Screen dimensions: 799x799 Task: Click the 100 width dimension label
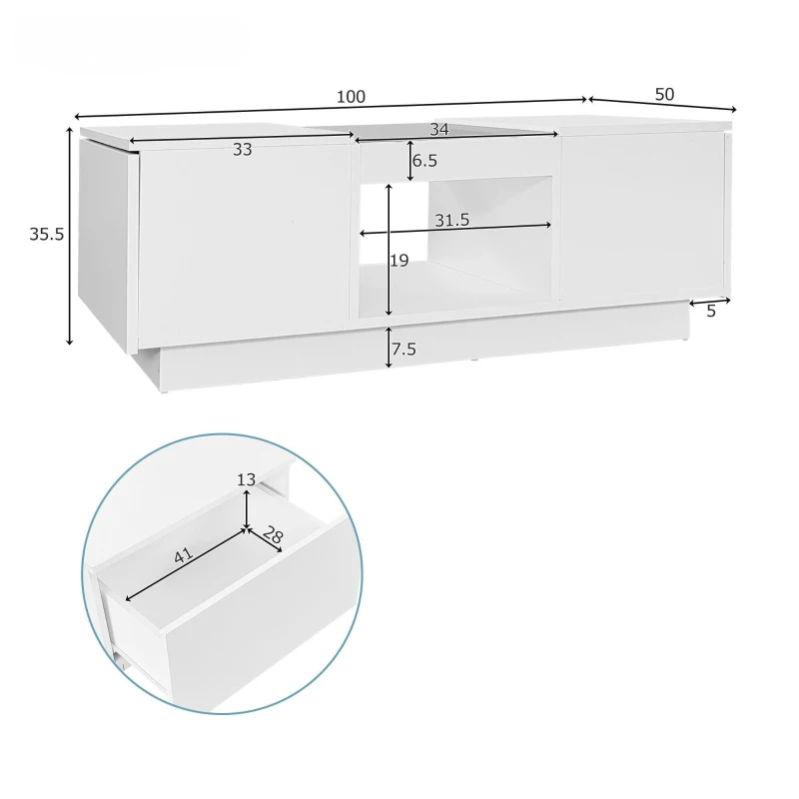(351, 97)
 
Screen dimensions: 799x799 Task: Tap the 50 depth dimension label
(664, 94)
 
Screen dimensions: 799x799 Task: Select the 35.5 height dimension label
(46, 234)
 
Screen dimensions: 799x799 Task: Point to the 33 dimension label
(242, 150)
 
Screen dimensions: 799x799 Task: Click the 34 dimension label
(438, 129)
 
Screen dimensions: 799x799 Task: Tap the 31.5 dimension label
(451, 220)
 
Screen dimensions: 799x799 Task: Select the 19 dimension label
(399, 261)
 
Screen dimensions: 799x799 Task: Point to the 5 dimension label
(710, 312)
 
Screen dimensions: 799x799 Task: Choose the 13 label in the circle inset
(247, 479)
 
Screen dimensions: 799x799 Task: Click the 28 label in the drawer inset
(272, 537)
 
